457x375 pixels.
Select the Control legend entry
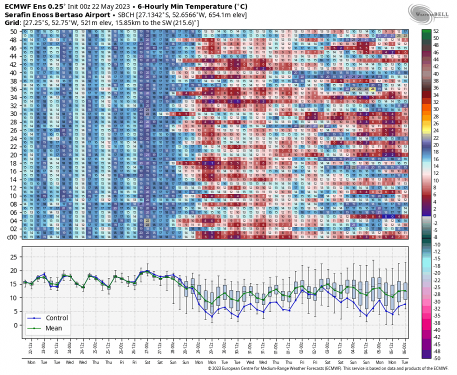(56, 317)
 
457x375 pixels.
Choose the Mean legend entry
(53, 328)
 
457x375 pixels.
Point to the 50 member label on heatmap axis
(13, 31)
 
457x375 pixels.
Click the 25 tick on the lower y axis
(13, 257)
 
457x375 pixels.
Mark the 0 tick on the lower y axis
(15, 325)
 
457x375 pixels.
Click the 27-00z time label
(146, 345)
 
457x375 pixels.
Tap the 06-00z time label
(405, 345)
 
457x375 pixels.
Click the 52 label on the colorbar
(436, 31)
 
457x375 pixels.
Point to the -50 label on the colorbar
(437, 358)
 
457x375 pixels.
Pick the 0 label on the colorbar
(434, 215)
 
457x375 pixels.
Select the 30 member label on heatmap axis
(13, 113)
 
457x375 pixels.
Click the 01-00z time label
(276, 345)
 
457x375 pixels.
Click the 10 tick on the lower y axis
(13, 298)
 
